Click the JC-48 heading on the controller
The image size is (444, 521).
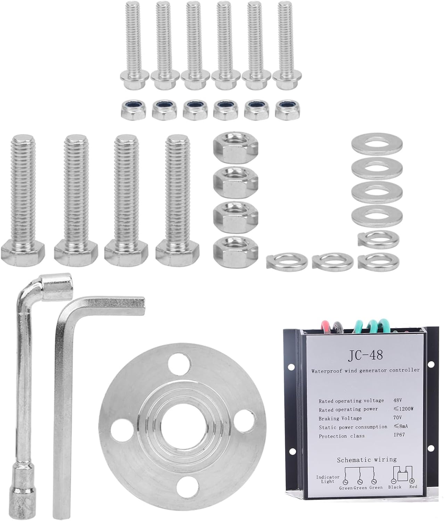tap(365, 355)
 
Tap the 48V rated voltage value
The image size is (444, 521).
tap(397, 400)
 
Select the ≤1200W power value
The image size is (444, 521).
tap(403, 408)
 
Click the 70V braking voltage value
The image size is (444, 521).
tap(397, 417)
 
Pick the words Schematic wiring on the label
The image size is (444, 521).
tap(367, 460)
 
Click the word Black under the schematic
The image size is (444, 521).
tap(395, 487)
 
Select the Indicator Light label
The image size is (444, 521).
tap(328, 479)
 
